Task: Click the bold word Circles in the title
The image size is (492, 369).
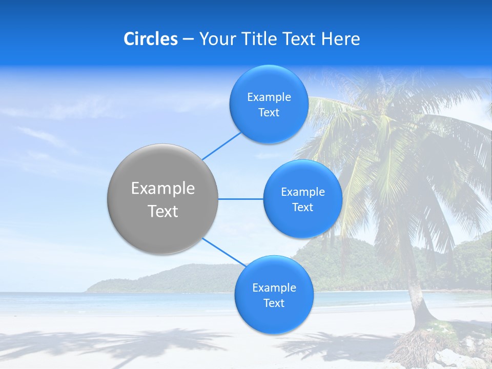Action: (x=150, y=39)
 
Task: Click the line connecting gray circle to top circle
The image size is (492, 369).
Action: (x=221, y=146)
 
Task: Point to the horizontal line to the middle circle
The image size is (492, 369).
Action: (x=240, y=199)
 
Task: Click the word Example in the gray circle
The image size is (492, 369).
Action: (x=162, y=189)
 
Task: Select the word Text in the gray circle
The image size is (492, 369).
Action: (x=162, y=211)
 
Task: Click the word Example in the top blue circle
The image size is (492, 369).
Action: (x=269, y=97)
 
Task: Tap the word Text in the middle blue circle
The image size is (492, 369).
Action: (x=302, y=207)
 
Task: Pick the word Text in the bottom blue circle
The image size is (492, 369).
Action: (x=274, y=303)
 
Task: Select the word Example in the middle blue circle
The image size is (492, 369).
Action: (x=302, y=192)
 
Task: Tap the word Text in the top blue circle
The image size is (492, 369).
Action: (x=269, y=113)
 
